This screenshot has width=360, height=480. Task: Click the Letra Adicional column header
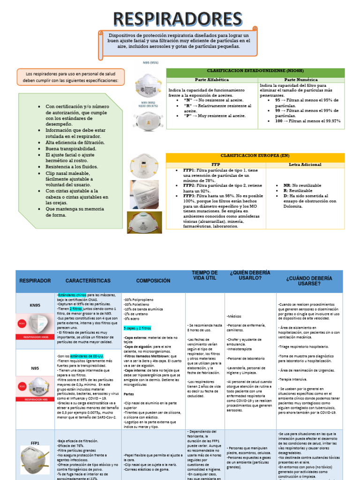[x=305, y=165]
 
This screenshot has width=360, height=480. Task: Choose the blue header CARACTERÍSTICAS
[x=88, y=281]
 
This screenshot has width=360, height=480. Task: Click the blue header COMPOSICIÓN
[x=153, y=281]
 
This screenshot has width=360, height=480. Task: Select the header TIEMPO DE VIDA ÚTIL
[x=205, y=276]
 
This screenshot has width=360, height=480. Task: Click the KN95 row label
[x=36, y=305]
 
